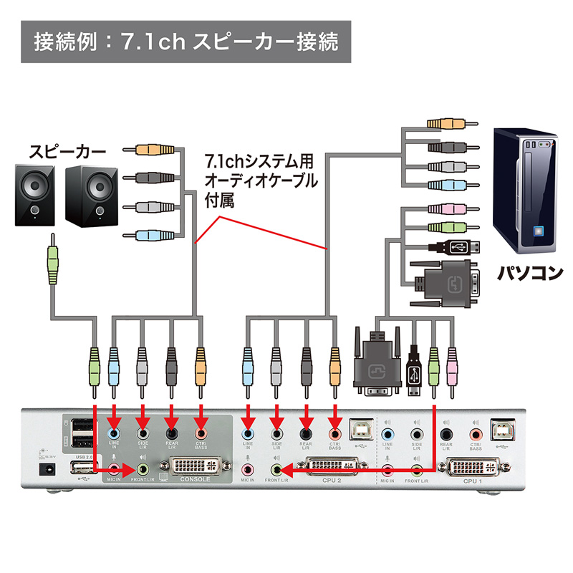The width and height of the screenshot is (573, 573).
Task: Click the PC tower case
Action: (527, 189)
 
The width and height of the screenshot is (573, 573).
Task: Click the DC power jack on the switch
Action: (48, 470)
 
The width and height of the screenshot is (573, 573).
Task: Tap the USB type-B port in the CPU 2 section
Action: (357, 429)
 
